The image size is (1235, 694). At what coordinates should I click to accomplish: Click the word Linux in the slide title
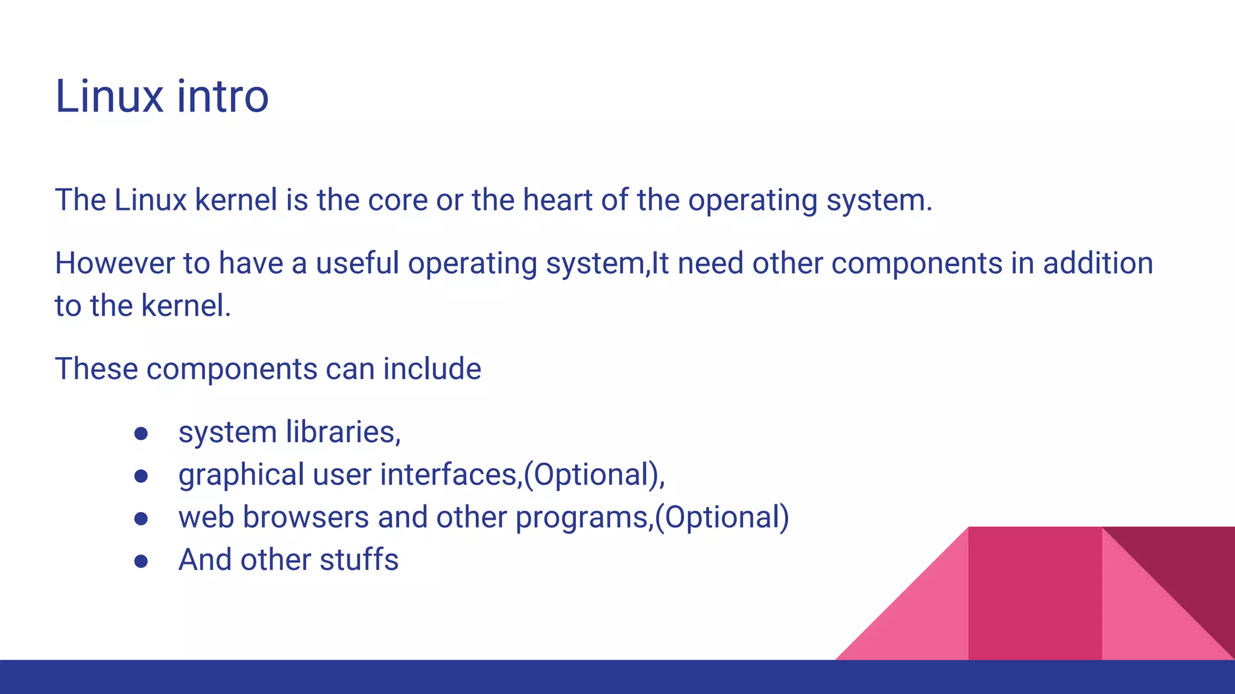pyautogui.click(x=109, y=96)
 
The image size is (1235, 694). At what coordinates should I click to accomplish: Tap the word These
pyautogui.click(x=96, y=369)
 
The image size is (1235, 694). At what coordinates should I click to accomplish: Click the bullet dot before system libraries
pyautogui.click(x=141, y=434)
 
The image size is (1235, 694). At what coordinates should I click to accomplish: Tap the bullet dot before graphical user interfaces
pyautogui.click(x=141, y=477)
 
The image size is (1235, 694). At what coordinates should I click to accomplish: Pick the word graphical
pyautogui.click(x=241, y=475)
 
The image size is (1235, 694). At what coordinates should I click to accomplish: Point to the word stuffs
pyautogui.click(x=359, y=560)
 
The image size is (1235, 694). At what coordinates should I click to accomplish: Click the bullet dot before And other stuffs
pyautogui.click(x=141, y=562)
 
